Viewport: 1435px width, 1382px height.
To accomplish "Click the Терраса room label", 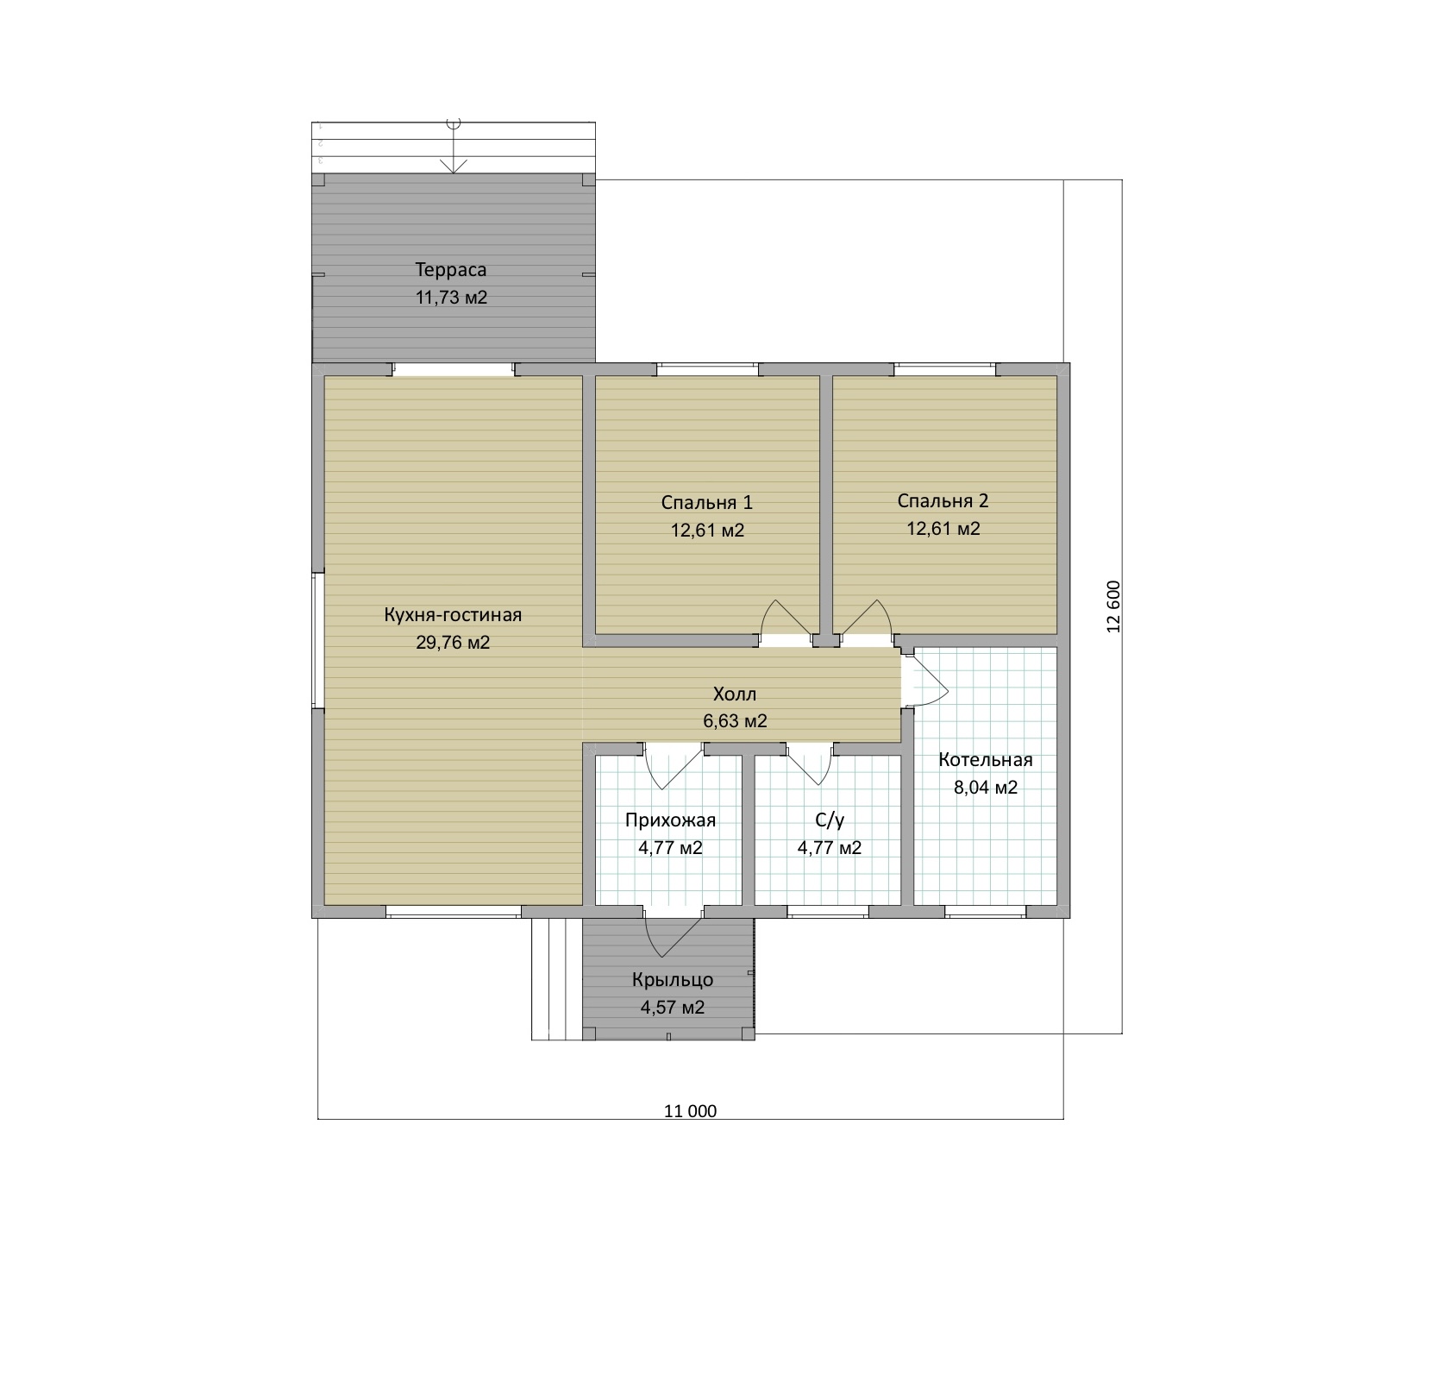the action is [451, 270].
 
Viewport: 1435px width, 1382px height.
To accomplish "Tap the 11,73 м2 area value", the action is [452, 298].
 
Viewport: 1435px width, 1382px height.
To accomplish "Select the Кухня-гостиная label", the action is [453, 615].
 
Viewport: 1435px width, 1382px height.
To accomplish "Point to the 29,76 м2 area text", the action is [453, 643].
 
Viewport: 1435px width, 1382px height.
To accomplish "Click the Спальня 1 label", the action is [707, 503].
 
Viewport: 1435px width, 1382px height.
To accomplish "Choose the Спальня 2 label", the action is [943, 501].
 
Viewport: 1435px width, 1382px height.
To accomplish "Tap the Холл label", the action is [735, 694].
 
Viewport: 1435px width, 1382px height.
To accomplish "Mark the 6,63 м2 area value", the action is [735, 721].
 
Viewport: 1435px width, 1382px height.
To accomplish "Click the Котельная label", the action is [986, 760].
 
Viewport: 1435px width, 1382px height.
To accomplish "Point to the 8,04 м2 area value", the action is [986, 788].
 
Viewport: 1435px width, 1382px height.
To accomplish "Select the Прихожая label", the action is [670, 820].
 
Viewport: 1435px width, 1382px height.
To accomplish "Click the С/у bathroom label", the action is [829, 820].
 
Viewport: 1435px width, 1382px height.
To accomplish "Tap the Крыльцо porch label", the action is [673, 980].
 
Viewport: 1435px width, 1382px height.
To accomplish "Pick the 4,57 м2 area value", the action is [673, 1008].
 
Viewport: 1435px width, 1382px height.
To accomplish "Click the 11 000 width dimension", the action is [690, 1111].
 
